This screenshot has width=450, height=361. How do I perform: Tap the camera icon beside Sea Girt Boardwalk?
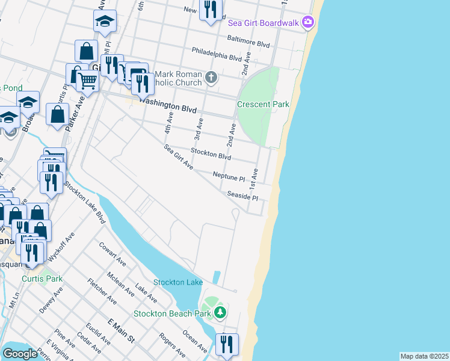coord(308,22)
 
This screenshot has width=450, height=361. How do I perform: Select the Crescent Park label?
coord(263,104)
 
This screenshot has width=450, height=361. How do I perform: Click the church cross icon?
coord(211,76)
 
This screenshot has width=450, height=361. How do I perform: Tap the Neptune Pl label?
coord(229,176)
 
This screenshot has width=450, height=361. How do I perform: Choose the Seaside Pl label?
coord(242,197)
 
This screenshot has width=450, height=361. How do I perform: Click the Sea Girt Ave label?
coord(178,157)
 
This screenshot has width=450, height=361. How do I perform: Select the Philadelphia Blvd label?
coord(217,55)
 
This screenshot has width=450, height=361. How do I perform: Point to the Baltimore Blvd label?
coord(248,42)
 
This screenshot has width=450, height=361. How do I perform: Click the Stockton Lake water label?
coord(178,282)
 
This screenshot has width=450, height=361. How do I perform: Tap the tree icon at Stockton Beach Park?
coord(220,312)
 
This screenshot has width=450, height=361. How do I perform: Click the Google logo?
coord(20,354)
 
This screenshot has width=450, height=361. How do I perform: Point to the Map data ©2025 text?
coord(424,356)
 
